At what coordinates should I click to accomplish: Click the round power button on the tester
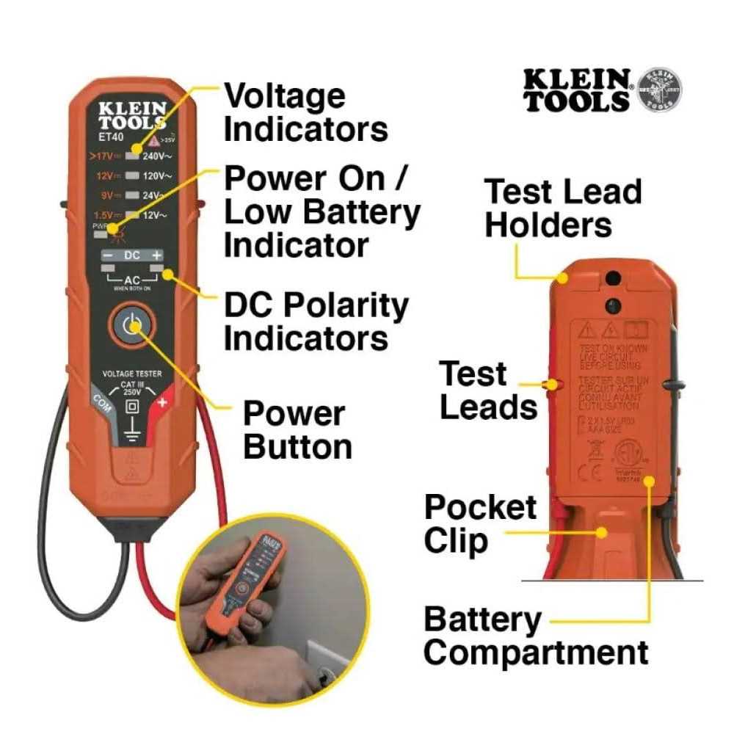(131, 325)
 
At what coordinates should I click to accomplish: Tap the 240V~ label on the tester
(157, 156)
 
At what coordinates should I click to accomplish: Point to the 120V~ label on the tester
(157, 176)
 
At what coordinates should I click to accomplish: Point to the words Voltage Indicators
(305, 112)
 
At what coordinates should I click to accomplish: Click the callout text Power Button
(297, 430)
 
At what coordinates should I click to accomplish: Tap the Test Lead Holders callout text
(563, 208)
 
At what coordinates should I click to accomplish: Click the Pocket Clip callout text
(481, 524)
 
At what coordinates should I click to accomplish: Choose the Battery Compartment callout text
(536, 636)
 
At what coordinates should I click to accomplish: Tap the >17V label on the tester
(103, 156)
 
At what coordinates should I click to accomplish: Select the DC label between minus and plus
(131, 255)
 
